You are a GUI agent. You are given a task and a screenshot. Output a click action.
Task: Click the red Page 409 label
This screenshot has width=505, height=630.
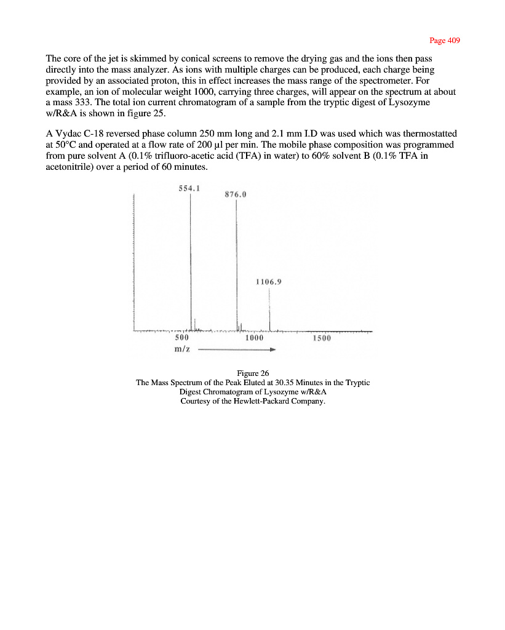pyautogui.click(x=444, y=41)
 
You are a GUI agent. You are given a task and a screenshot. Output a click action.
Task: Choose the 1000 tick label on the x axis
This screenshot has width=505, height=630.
pyautogui.click(x=254, y=338)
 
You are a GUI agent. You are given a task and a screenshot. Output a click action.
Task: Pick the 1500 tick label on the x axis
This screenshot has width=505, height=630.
pyautogui.click(x=321, y=338)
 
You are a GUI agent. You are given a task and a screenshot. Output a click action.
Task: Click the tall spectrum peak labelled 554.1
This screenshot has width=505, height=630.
pyautogui.click(x=190, y=258)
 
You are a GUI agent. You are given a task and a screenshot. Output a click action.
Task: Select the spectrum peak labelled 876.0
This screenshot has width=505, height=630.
pyautogui.click(x=237, y=265)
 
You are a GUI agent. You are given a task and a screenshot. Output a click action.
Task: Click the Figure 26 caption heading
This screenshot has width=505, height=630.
pyautogui.click(x=253, y=373)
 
